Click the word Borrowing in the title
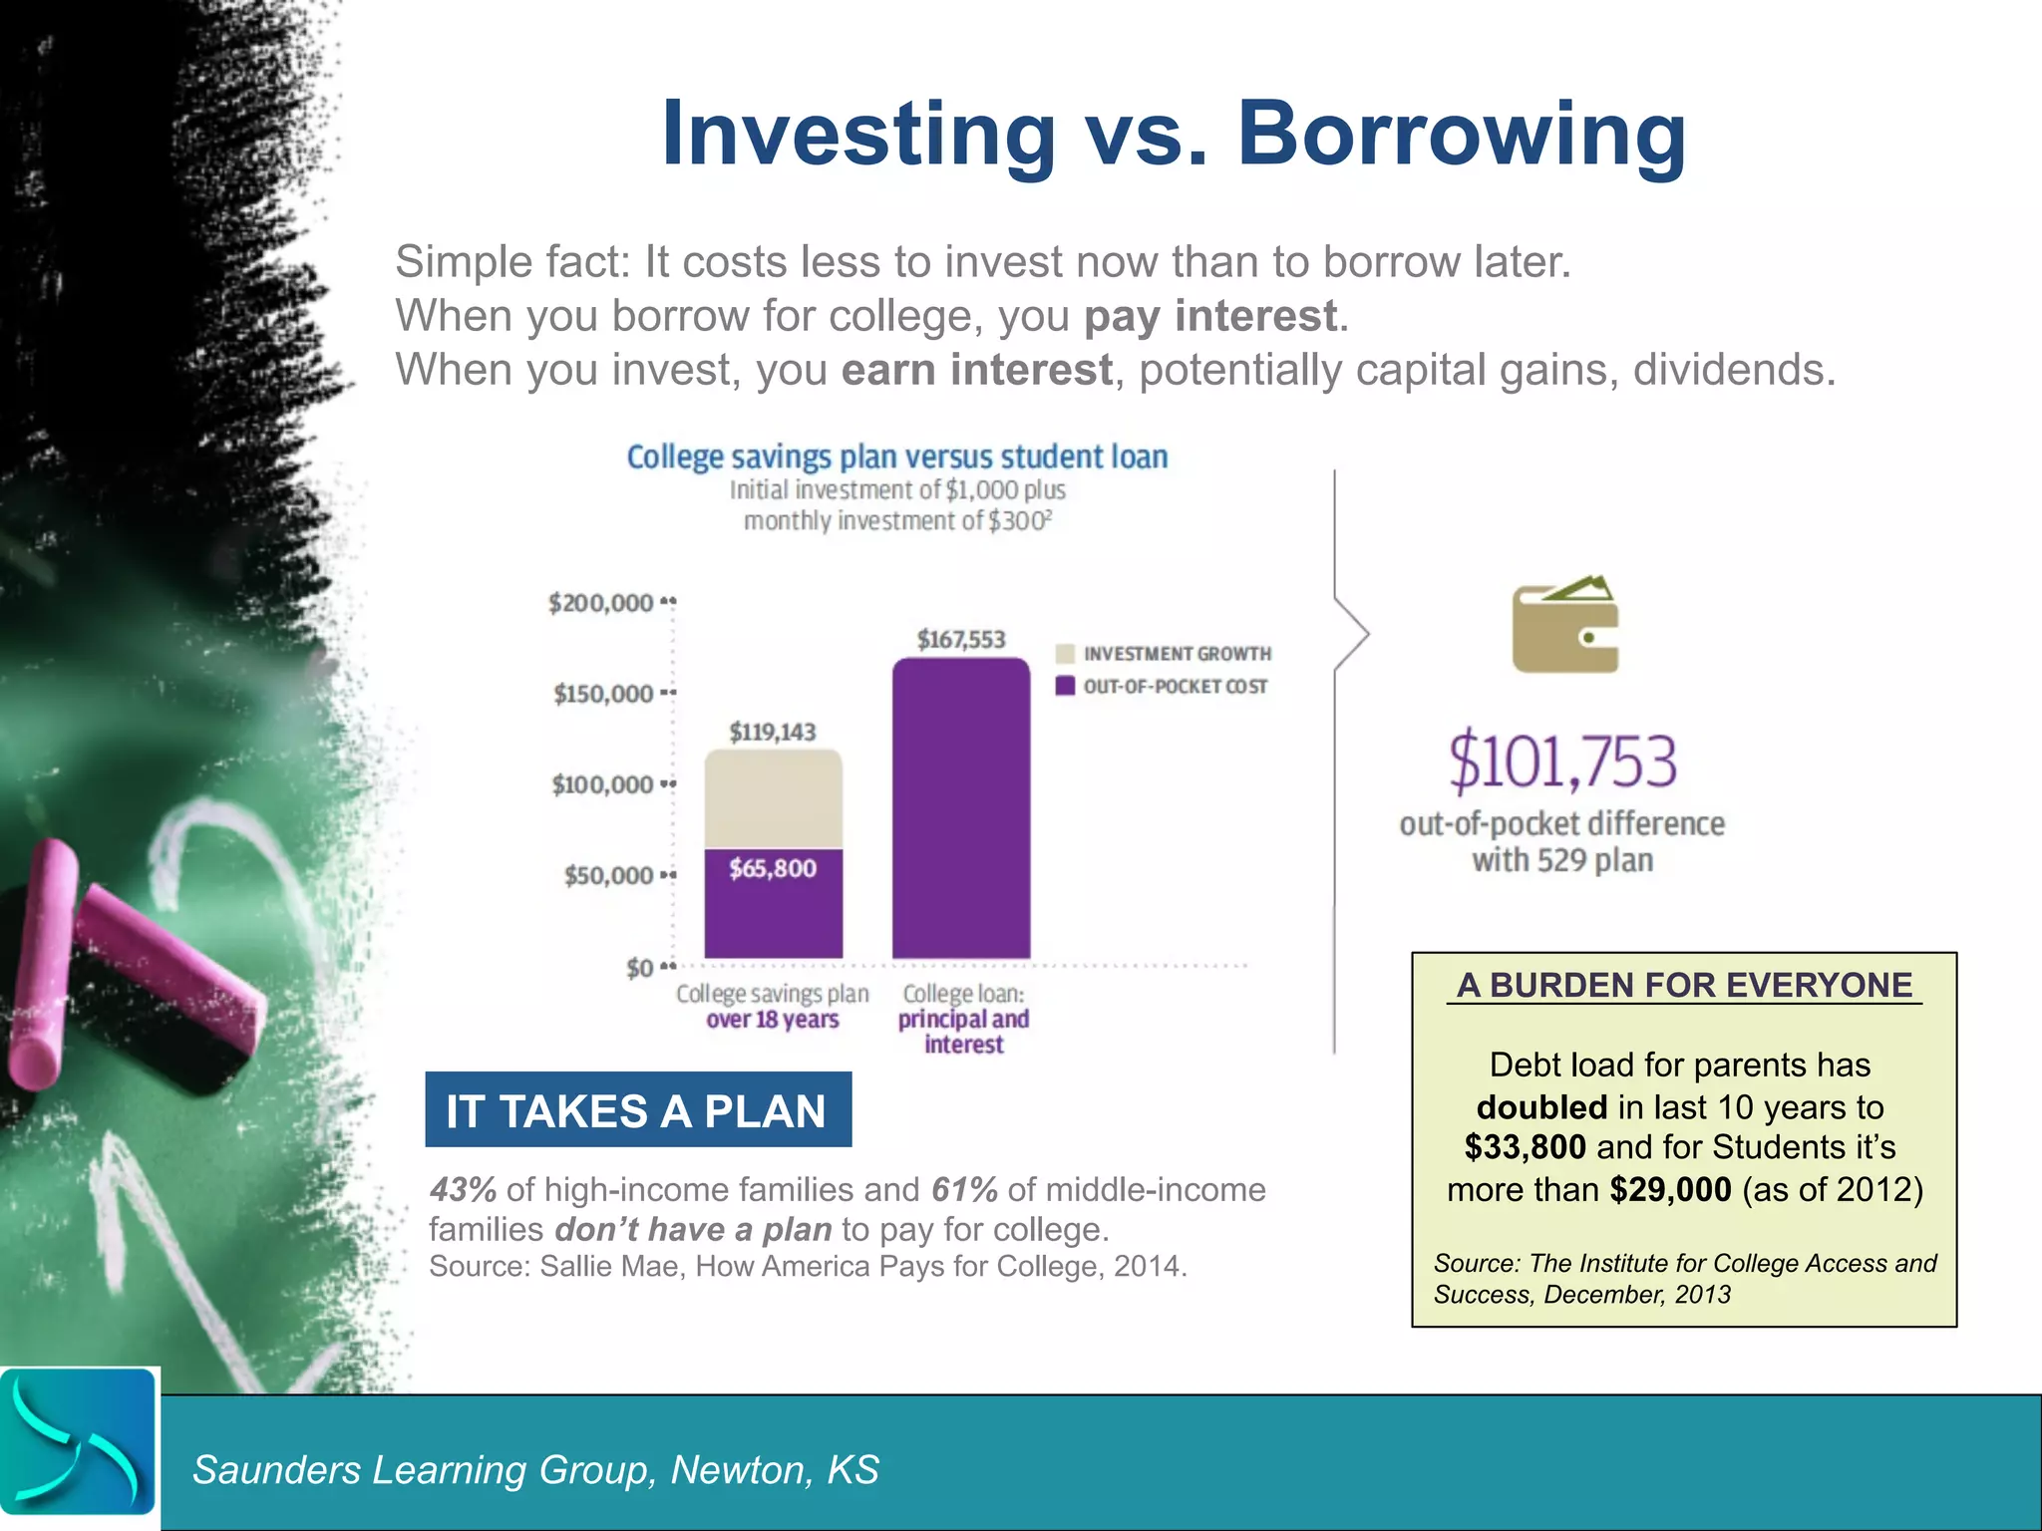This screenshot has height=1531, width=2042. pos(1462,135)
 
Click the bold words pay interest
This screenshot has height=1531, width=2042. pos(1210,316)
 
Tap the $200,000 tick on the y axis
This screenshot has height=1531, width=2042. pos(601,603)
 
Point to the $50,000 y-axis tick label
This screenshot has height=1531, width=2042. pos(608,875)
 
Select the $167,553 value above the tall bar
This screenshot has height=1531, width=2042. pos(961,639)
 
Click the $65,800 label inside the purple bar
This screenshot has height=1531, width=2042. pos(773,868)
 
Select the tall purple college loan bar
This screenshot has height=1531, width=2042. pos(961,807)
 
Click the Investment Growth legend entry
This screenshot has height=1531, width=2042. pos(1163,654)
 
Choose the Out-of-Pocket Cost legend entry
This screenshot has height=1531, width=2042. pos(1163,687)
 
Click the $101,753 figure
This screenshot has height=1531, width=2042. pos(1562,762)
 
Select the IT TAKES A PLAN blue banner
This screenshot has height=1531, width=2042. pos(638,1110)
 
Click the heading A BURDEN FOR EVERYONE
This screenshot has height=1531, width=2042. pos(1684,985)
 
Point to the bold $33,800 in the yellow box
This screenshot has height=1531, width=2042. pos(1525,1147)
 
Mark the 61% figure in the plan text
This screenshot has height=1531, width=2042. pos(964,1189)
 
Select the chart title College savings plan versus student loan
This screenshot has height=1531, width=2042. pos(896,457)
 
